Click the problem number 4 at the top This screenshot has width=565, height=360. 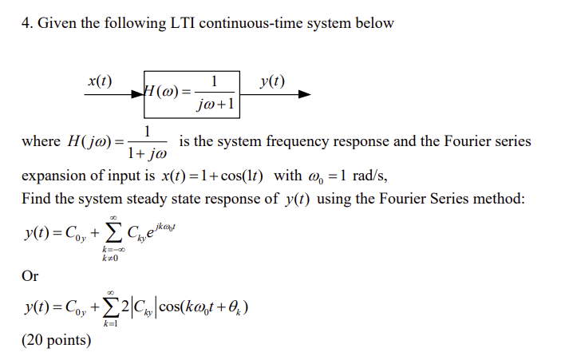coord(26,22)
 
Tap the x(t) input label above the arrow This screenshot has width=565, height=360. coord(100,81)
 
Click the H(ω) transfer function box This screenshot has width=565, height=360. coord(192,93)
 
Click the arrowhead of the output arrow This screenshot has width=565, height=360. coord(305,93)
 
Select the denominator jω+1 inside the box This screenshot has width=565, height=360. coord(213,105)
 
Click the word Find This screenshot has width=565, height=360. coord(36,198)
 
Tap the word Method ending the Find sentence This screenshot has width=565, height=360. coord(499,198)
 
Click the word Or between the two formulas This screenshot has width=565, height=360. coord(30,275)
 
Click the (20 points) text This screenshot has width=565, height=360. coord(57,340)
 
